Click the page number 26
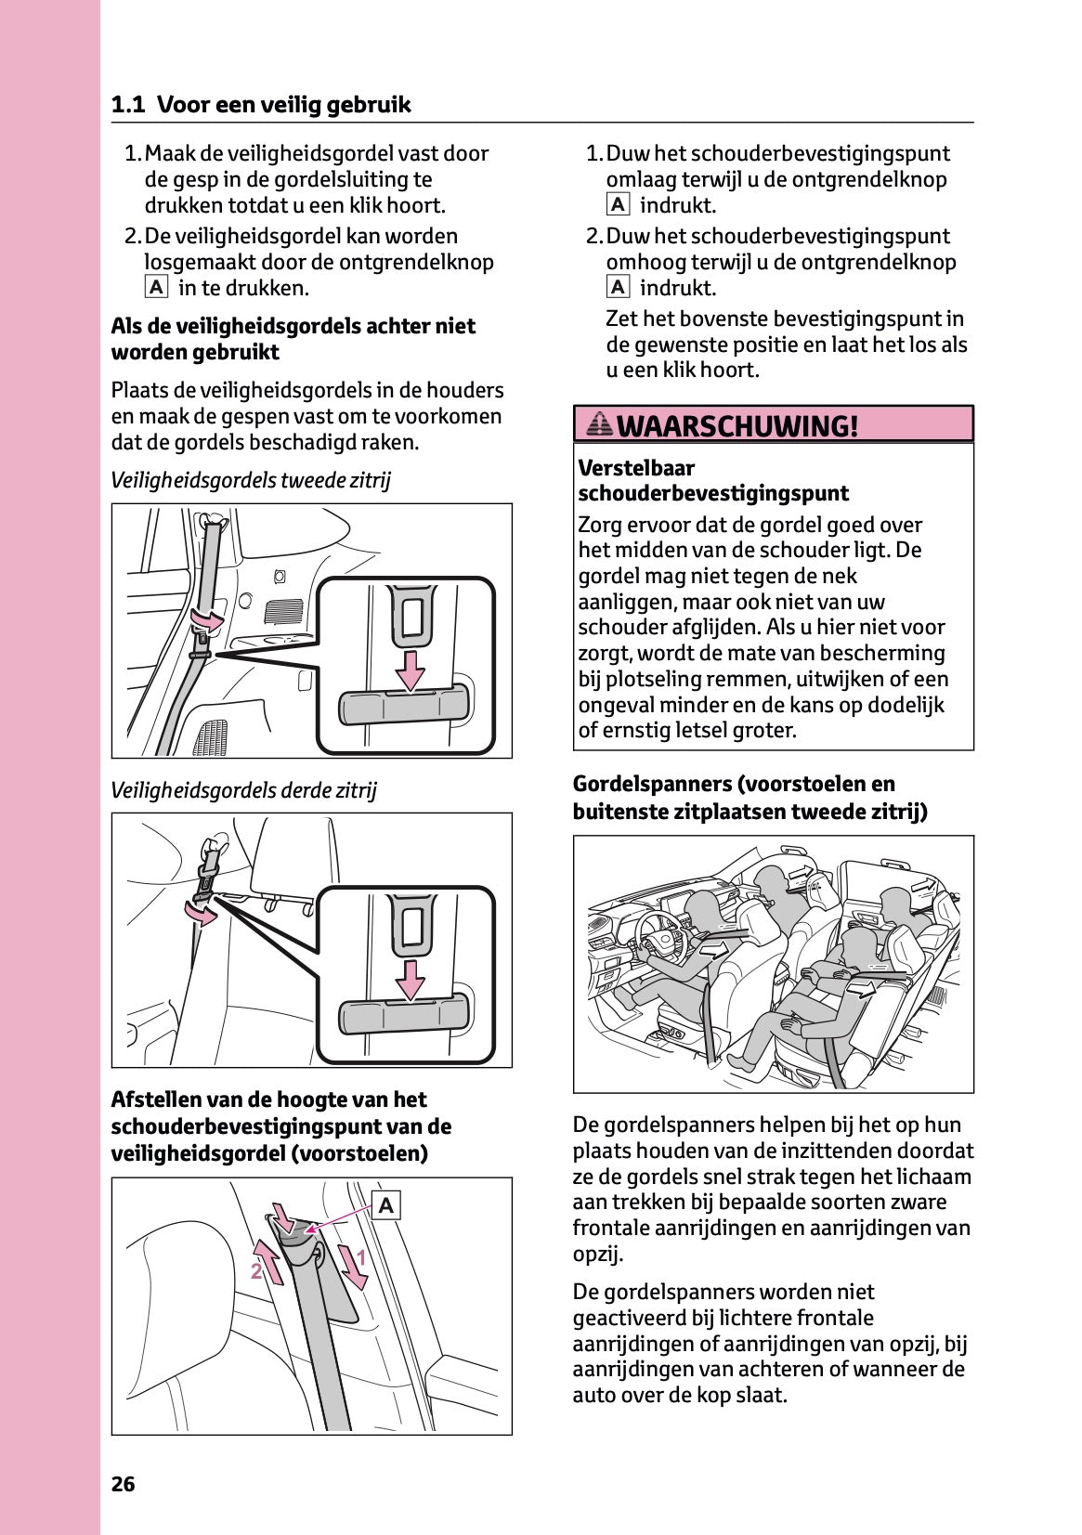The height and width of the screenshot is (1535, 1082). coord(123,1484)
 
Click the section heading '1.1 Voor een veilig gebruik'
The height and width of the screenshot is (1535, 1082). coord(261,105)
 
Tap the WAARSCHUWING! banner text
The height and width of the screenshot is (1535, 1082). coord(737,426)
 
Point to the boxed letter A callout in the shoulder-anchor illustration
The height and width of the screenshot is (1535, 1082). coord(386,1205)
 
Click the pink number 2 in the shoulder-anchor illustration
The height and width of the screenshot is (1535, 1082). coord(255,1271)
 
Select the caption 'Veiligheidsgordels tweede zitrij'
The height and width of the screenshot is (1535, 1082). coord(251,480)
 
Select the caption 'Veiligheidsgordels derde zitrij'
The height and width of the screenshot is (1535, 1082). coord(243,790)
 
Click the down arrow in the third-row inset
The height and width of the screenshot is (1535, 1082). coord(406,977)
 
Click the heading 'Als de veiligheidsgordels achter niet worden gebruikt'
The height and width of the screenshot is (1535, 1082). coord(293,339)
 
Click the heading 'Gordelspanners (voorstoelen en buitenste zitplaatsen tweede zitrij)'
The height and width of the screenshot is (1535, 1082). coord(750,798)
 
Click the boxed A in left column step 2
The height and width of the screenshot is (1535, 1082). coord(156,288)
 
